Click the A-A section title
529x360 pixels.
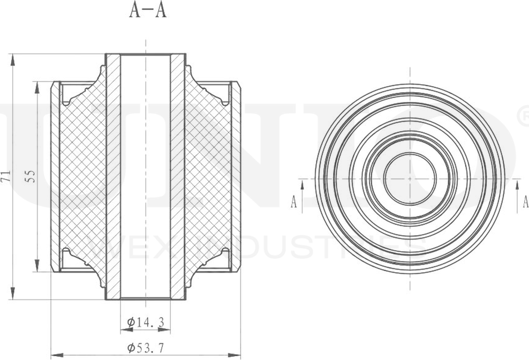coord(147,11)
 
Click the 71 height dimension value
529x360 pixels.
coord(6,177)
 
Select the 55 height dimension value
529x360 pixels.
coord(31,177)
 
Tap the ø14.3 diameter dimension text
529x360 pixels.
coord(145,322)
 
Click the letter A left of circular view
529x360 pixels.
coord(294,202)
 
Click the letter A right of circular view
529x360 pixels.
coord(525,202)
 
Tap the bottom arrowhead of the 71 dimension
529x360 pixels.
coord(12,294)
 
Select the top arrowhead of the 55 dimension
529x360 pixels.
coord(37,87)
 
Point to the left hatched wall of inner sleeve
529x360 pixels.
coord(113,177)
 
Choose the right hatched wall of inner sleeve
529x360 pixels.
coord(178,177)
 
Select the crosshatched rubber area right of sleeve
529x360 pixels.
coord(209,177)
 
